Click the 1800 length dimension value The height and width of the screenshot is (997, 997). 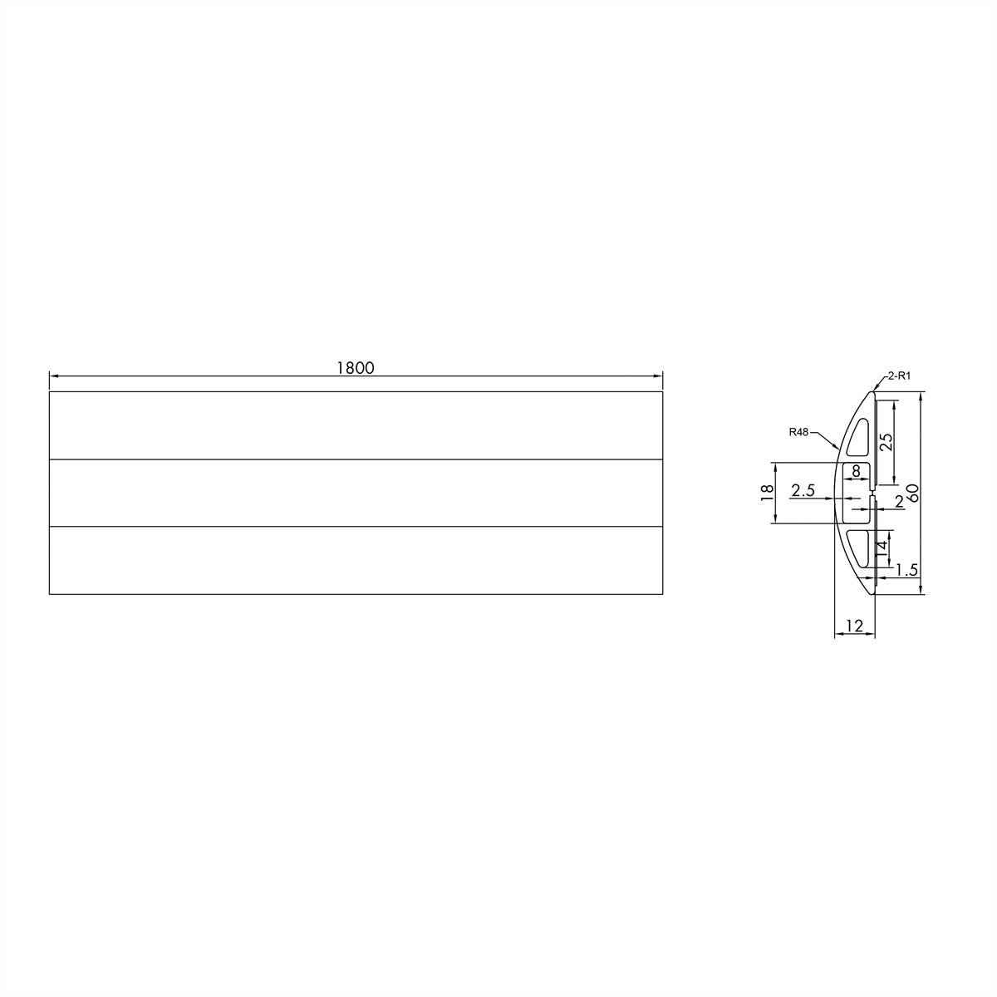point(356,368)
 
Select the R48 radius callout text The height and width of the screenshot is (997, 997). point(799,432)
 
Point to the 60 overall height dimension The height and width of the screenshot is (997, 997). point(912,492)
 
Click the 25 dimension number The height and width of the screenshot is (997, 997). point(886,440)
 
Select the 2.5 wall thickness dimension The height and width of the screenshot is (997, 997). point(803,490)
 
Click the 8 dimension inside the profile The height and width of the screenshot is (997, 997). point(857,471)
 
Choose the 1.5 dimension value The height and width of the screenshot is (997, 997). point(907,569)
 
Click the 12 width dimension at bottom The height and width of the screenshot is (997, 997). point(854,626)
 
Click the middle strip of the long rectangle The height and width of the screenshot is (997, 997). point(356,493)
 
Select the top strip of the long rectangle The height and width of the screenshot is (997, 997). point(356,425)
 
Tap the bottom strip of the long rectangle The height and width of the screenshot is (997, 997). point(356,560)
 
